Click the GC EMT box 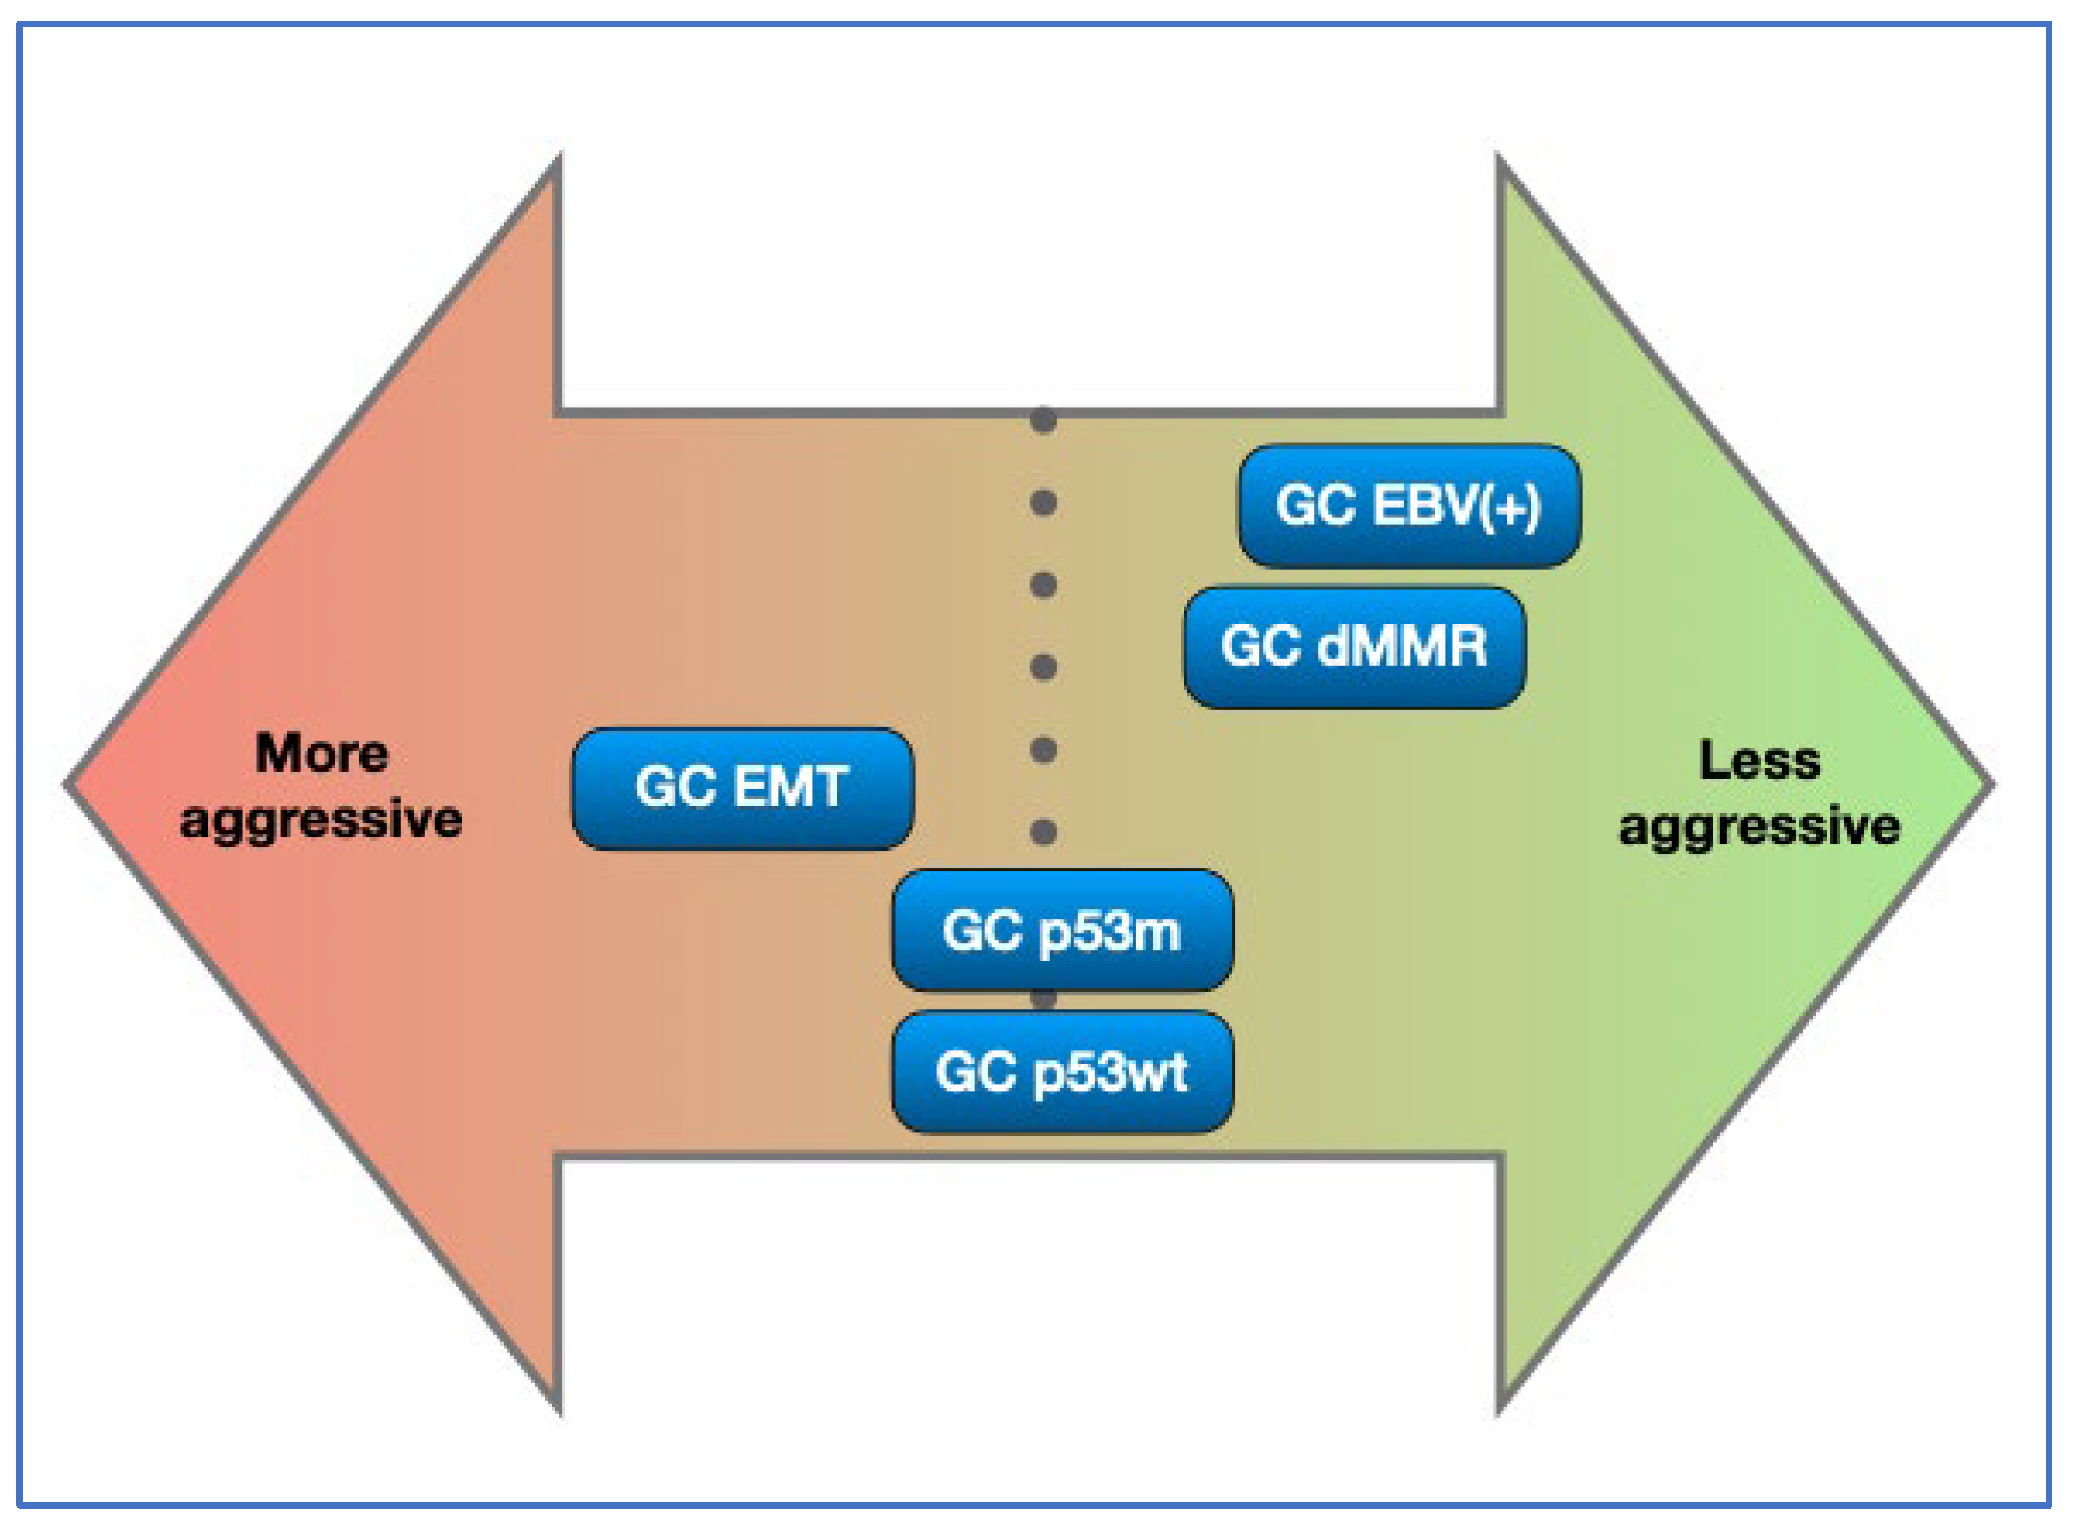[743, 789]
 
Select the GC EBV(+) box [1408, 506]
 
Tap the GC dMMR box [1354, 647]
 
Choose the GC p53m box [1062, 931]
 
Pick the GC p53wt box [1062, 1072]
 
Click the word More [321, 753]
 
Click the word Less [1759, 760]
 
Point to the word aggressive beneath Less [1759, 827]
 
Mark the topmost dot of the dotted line [1043, 420]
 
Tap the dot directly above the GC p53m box [1043, 831]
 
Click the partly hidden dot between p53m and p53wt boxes [1043, 999]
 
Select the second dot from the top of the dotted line [1043, 503]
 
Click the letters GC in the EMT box [676, 787]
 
